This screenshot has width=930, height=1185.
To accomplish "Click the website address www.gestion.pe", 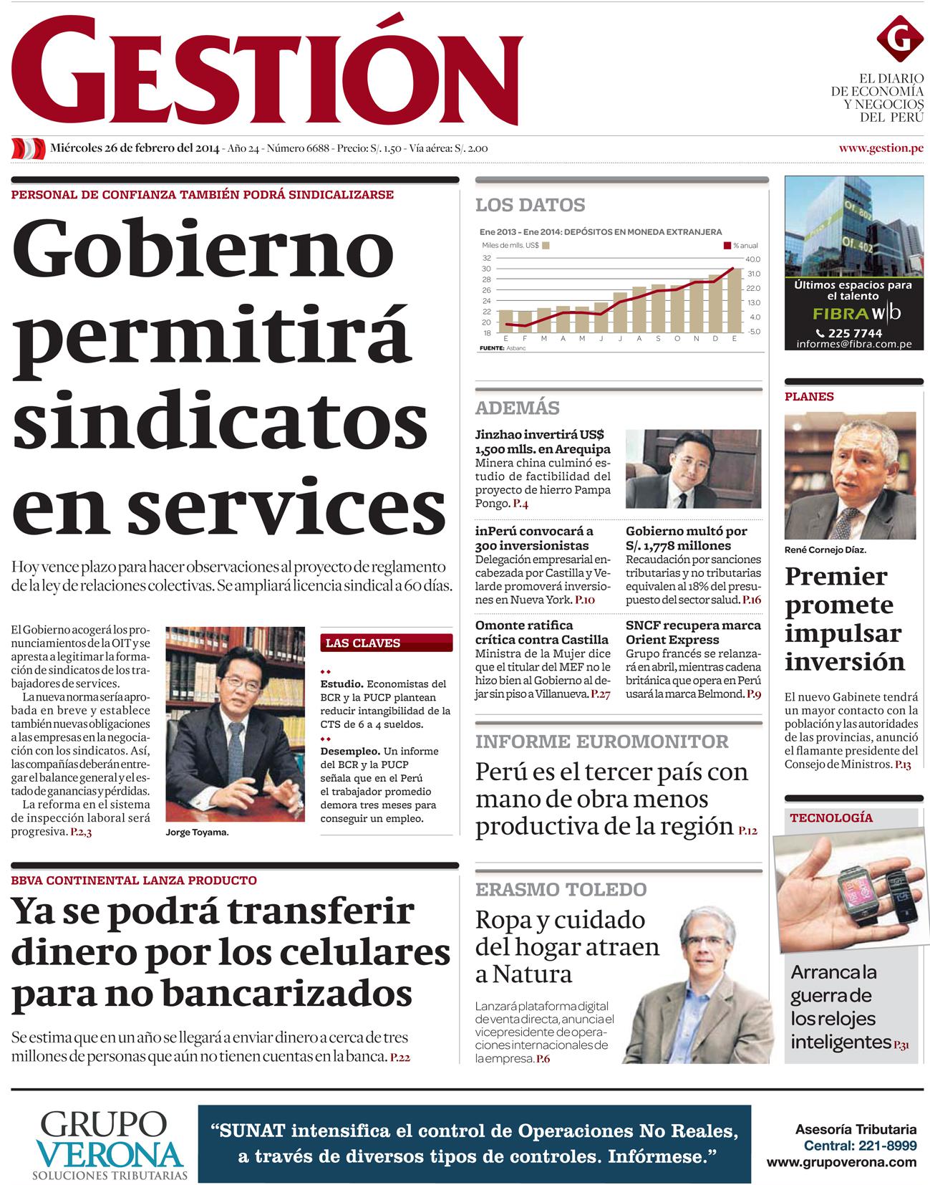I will point(881,148).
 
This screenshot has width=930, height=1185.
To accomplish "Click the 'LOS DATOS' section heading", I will point(531,205).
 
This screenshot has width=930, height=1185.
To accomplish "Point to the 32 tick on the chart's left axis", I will point(487,258).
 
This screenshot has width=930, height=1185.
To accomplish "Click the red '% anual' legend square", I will point(727,246).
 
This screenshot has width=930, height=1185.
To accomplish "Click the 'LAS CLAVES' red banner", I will point(387,643).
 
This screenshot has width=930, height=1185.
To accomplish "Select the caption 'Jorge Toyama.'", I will point(197,833).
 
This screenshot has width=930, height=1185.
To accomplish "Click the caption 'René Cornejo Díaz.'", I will point(825,550).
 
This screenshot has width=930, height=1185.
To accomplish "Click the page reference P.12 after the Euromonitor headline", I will point(747,830).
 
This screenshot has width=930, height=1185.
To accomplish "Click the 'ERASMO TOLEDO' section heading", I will point(561,889).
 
